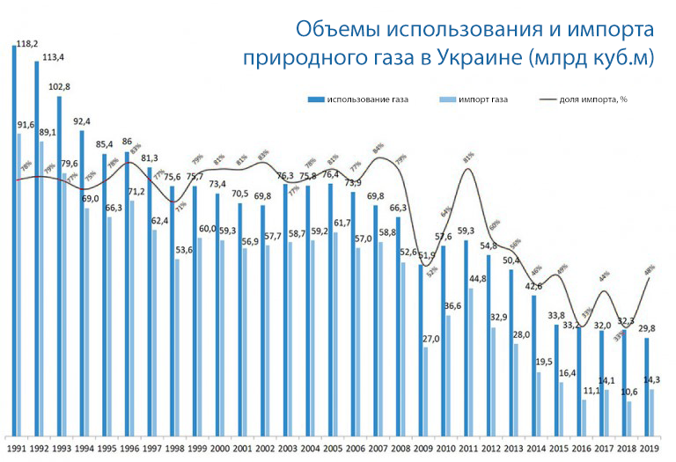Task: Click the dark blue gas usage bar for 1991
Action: [x=15, y=238]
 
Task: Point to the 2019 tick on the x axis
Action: [x=650, y=449]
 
